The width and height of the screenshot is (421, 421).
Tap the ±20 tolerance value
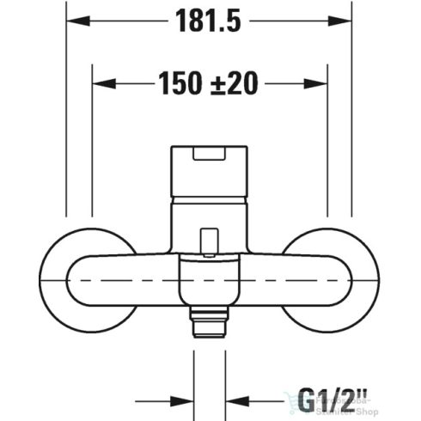point(235,83)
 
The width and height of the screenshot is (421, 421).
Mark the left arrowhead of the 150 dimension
point(100,83)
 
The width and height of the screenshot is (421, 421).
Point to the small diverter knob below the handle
point(208,243)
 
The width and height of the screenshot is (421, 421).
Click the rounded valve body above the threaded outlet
point(208,284)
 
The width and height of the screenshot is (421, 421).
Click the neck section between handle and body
point(209,219)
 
